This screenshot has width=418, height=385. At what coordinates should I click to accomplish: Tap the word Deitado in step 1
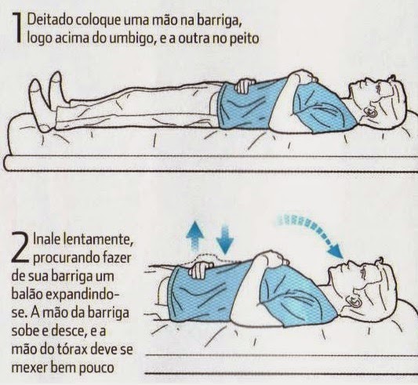point(50,20)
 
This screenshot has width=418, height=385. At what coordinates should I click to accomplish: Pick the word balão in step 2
point(27,295)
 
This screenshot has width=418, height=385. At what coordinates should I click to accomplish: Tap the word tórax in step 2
point(71,350)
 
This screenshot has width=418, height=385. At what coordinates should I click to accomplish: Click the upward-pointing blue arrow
point(196,237)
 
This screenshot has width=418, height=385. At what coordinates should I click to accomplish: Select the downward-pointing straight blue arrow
point(225,240)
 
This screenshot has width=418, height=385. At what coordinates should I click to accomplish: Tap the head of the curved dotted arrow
point(336,251)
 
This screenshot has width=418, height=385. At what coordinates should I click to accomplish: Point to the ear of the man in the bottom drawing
point(355,302)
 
